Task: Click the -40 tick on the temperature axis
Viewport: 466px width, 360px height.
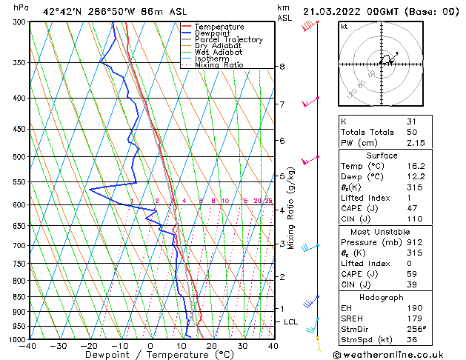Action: pos(28,345)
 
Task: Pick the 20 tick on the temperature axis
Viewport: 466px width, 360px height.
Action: pos(211,345)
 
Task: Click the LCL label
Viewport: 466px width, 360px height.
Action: pos(290,322)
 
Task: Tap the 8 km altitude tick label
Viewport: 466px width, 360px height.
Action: pos(282,67)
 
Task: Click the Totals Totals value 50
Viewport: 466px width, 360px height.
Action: pos(411,132)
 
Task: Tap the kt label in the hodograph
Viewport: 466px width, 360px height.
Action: pos(344,26)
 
